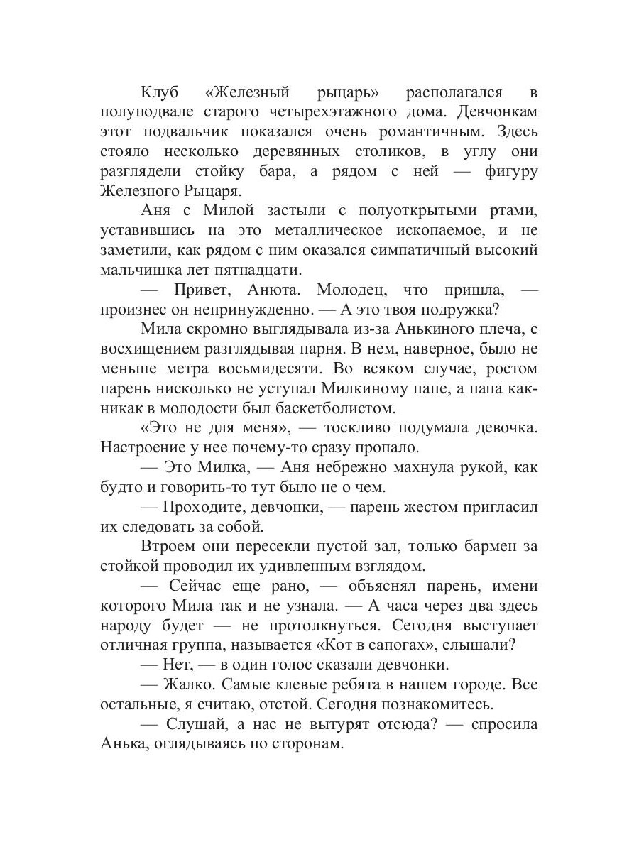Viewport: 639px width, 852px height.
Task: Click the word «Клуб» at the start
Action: pos(162,93)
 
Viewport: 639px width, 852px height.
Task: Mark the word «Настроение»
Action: pos(144,448)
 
